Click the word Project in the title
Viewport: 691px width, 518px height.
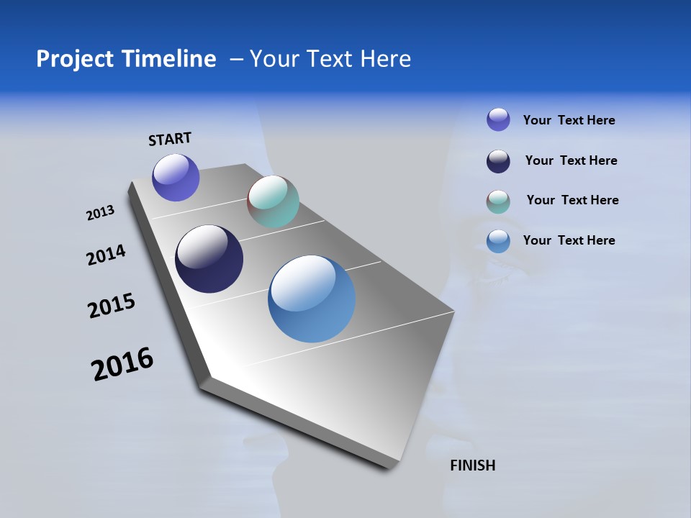(x=75, y=59)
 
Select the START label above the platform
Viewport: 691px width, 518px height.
(x=170, y=139)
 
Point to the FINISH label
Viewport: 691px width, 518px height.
(x=472, y=465)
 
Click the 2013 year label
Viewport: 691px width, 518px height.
(x=100, y=213)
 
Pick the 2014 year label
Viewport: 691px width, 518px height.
(x=106, y=255)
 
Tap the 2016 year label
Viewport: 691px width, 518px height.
(x=122, y=364)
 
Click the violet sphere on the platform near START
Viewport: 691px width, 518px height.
(x=176, y=178)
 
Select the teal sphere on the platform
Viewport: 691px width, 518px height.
(x=273, y=201)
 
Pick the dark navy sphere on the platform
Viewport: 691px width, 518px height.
(x=209, y=259)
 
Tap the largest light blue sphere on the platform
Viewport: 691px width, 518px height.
(x=312, y=299)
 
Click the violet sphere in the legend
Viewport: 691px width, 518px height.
(x=498, y=119)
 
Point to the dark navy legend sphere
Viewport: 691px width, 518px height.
(x=498, y=161)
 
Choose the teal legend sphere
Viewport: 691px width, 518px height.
(x=498, y=201)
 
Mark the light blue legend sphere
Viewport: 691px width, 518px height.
(x=498, y=241)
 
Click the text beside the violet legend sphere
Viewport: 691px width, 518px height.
(x=569, y=121)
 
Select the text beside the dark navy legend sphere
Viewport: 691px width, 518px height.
(x=571, y=160)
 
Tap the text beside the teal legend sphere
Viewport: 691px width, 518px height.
(x=572, y=200)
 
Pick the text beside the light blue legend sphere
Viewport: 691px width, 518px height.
(x=569, y=240)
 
